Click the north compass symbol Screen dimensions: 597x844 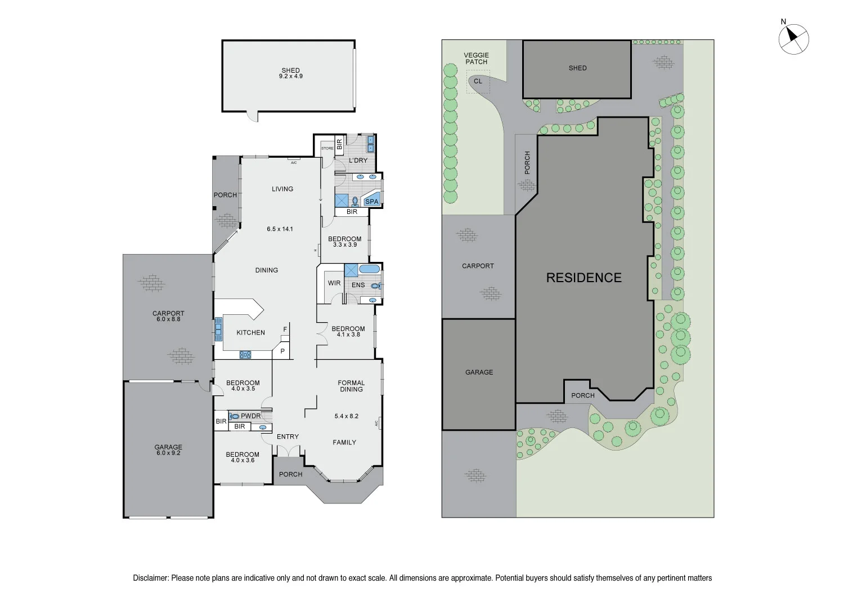(794, 38)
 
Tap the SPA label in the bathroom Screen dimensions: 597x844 (372, 202)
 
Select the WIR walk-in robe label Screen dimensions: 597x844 (334, 283)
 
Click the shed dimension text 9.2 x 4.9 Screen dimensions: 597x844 (291, 76)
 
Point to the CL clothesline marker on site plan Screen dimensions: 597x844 (478, 81)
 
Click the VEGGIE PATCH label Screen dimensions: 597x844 (476, 59)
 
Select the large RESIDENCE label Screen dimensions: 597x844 (584, 278)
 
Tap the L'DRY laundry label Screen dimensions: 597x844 (358, 161)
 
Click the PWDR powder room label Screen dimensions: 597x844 (251, 416)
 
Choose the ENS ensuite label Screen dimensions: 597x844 (358, 285)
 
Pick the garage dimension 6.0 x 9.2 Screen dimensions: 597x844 (168, 453)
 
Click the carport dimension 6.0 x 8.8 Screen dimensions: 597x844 (168, 319)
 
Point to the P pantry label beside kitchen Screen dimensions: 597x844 (283, 351)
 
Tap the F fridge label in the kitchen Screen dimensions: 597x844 (285, 329)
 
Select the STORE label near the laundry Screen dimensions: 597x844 (327, 148)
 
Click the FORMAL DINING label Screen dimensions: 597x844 (351, 386)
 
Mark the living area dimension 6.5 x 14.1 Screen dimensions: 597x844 (280, 229)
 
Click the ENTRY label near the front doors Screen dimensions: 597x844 (288, 436)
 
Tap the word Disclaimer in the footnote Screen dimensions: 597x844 (150, 578)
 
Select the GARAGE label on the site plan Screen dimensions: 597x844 (479, 372)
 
